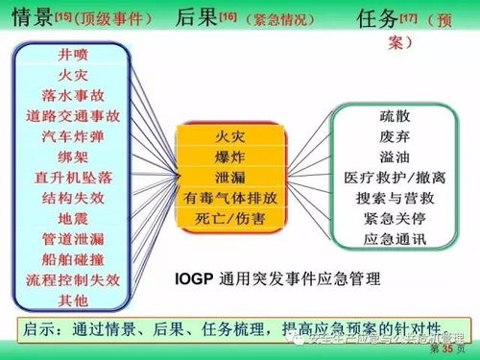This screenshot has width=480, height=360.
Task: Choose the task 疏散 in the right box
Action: [x=395, y=116]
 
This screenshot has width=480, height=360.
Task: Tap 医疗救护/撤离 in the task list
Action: [x=395, y=179]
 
